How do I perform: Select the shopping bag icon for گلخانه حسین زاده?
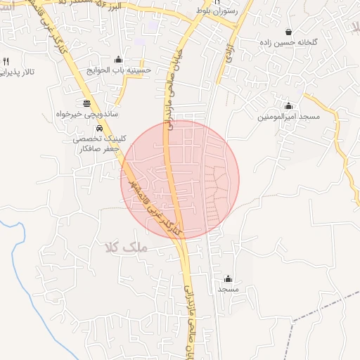point(289,32)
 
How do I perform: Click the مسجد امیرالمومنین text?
point(288,115)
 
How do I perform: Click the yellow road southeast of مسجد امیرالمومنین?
point(345,158)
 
